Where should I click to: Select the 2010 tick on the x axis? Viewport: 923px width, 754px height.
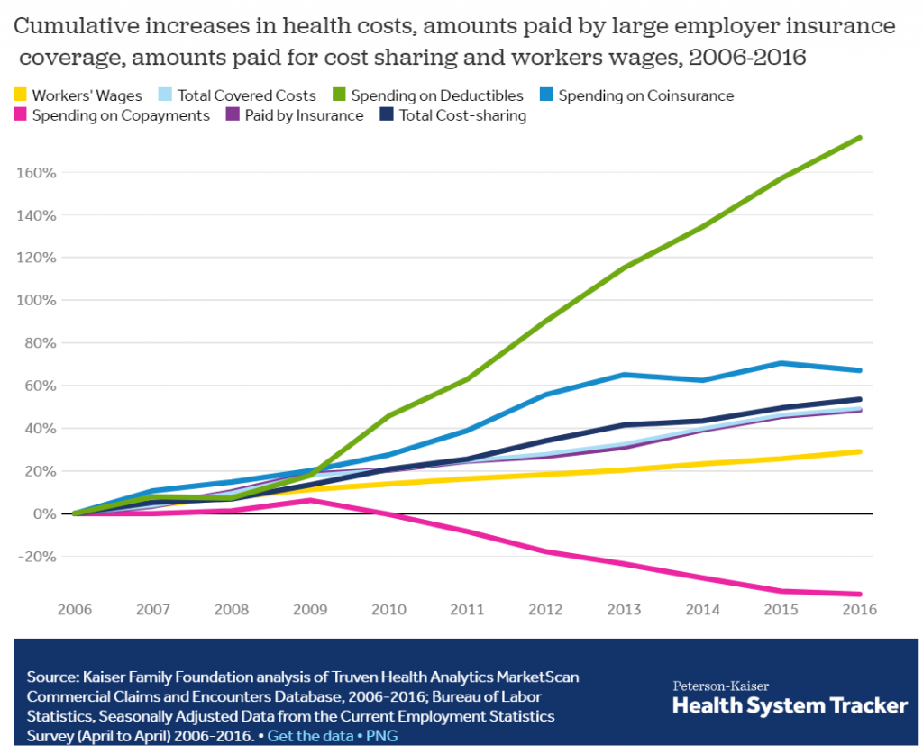tap(388, 609)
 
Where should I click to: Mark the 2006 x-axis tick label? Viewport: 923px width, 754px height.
tap(74, 609)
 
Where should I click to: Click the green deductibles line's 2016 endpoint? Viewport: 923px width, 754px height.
tap(861, 138)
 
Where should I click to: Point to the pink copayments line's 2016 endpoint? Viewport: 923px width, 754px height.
tap(861, 594)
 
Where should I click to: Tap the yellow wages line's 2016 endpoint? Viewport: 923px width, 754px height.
tap(861, 451)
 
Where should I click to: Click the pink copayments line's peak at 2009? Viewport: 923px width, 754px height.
tap(310, 500)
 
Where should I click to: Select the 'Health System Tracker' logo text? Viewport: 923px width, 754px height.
tap(790, 705)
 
